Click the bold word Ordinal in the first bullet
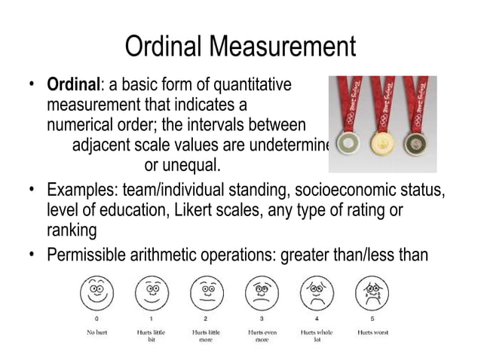point(73,84)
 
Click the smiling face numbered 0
point(97,290)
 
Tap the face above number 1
point(152,290)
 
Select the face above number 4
point(316,290)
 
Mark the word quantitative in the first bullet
point(253,84)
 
